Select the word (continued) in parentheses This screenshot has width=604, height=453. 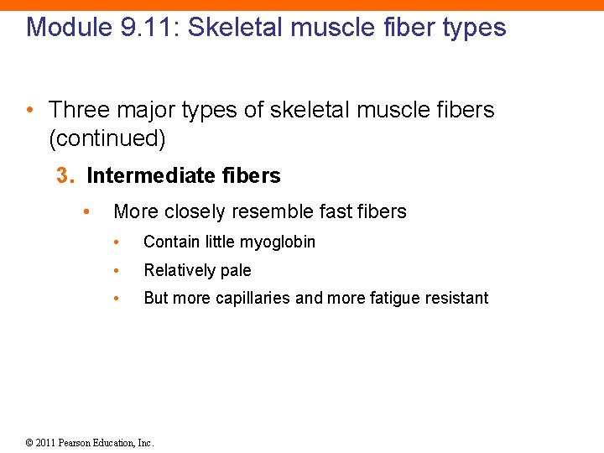coord(107,138)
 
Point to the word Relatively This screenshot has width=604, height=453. coord(180,271)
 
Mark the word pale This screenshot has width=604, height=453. coord(235,271)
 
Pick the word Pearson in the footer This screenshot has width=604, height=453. coord(82,443)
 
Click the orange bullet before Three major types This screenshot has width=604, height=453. coord(29,110)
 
